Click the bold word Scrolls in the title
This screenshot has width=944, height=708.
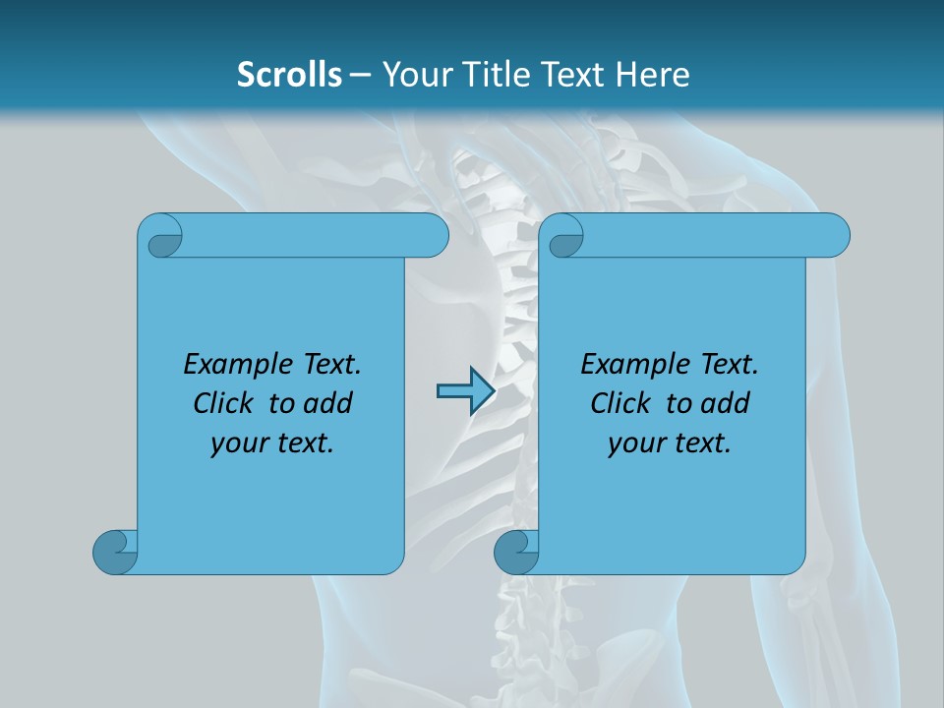tap(290, 75)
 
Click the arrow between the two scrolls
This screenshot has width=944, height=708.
tap(465, 391)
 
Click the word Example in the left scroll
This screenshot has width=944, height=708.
tap(229, 365)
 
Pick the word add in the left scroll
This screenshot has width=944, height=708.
tap(328, 403)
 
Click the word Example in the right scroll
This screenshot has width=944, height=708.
tap(626, 365)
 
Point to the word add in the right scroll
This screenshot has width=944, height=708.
tap(726, 403)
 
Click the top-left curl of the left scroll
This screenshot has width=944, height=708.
tap(162, 237)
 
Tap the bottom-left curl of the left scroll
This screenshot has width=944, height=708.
tap(115, 552)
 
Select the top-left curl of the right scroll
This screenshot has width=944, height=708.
tap(563, 237)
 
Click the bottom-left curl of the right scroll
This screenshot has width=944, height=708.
tap(516, 552)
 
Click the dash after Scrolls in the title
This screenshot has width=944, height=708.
tap(360, 76)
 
